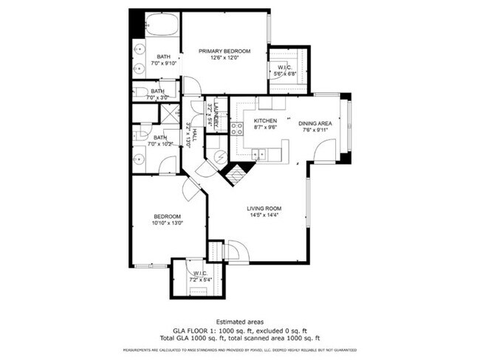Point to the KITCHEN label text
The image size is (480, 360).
click(x=266, y=120)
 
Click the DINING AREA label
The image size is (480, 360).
click(x=315, y=123)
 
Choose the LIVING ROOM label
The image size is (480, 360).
click(x=264, y=209)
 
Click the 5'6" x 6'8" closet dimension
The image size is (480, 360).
click(x=285, y=73)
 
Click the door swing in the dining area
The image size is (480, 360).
click(x=323, y=151)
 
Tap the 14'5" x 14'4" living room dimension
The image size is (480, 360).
click(x=264, y=216)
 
